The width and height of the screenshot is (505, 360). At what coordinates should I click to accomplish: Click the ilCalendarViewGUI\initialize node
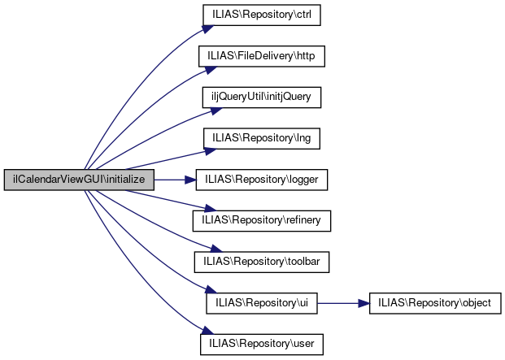point(78,180)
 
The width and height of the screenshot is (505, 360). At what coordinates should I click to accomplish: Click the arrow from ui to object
point(343,303)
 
